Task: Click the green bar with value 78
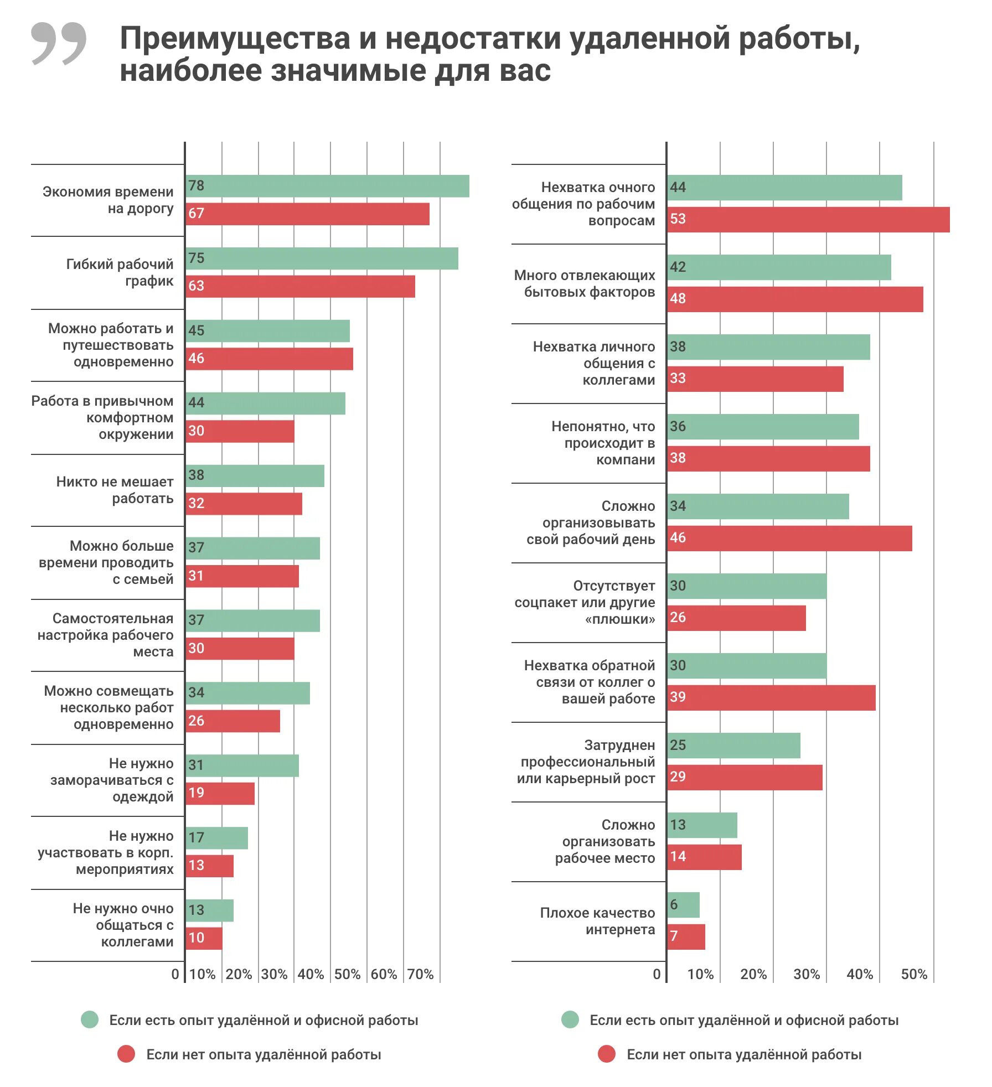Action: [328, 186]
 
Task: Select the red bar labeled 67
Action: [308, 214]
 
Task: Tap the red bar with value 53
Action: [808, 220]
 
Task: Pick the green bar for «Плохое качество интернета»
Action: [684, 905]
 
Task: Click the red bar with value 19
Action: [220, 794]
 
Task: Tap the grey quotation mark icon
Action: [59, 43]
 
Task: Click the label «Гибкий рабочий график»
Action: [120, 272]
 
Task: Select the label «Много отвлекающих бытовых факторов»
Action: [585, 283]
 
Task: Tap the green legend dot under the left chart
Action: [90, 1019]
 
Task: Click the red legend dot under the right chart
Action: [607, 1054]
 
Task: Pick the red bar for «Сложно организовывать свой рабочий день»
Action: [790, 539]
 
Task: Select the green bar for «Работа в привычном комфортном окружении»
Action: [266, 403]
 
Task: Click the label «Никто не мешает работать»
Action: [115, 490]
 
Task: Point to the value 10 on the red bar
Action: [197, 938]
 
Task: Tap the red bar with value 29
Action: [745, 778]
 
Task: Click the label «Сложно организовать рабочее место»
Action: [606, 841]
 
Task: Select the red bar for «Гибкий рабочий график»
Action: [301, 287]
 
